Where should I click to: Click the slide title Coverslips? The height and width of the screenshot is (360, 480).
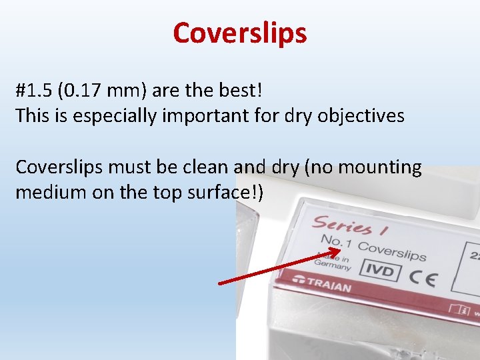click(x=240, y=32)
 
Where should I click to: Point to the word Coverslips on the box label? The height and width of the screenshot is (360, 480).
click(x=392, y=250)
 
